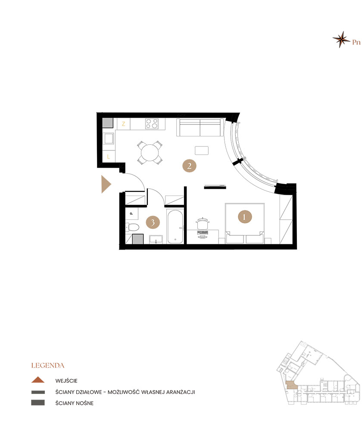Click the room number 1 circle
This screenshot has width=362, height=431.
(x=244, y=217)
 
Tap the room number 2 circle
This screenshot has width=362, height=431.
(x=189, y=166)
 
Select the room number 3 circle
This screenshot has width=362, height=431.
(x=153, y=222)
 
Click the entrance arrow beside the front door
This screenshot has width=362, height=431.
(x=106, y=184)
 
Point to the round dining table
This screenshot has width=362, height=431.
(x=150, y=153)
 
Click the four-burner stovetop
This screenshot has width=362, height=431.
(x=152, y=124)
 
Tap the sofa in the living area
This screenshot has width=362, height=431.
(x=200, y=128)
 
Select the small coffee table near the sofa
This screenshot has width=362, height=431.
(x=202, y=150)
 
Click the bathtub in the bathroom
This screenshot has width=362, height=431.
(x=175, y=227)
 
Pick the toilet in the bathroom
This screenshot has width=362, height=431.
(x=132, y=227)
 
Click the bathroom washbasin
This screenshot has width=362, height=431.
(x=156, y=239)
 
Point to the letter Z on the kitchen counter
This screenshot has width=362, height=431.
(x=123, y=124)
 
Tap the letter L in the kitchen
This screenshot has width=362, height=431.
(x=109, y=157)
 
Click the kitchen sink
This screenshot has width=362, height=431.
(x=109, y=138)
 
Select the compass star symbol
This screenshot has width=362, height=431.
(x=341, y=40)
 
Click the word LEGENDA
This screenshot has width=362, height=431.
(x=48, y=365)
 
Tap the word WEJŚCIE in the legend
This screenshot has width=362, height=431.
(x=66, y=381)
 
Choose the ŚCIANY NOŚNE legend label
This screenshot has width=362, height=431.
(x=75, y=403)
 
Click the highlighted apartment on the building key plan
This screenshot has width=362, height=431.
(x=291, y=385)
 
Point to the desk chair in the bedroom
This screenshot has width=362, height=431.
(x=203, y=223)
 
